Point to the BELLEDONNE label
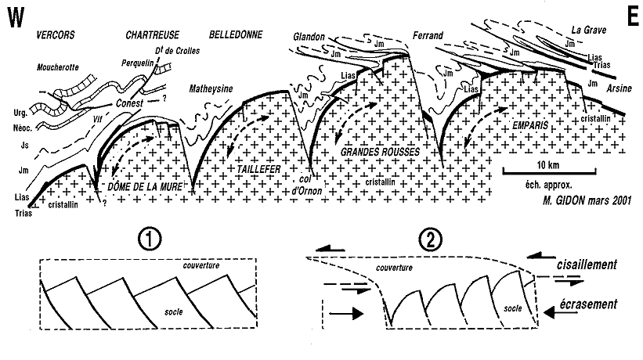[x=235, y=36]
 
